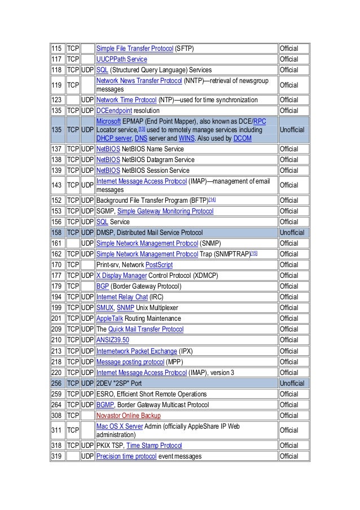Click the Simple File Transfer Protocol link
pos(134,49)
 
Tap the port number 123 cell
pos(57,100)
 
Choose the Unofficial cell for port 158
pos(292,232)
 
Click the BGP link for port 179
pos(103,286)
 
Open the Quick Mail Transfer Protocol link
pos(146,329)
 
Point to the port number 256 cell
pos(57,383)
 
